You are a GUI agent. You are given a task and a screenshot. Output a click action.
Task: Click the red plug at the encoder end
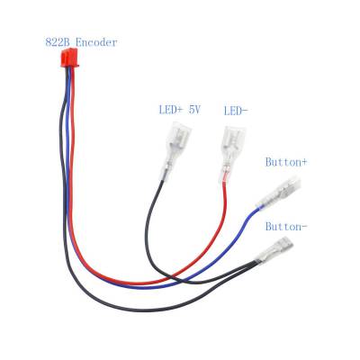69,58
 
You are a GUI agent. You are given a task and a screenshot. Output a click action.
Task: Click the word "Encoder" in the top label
96,42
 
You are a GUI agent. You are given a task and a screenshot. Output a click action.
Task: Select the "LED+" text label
171,110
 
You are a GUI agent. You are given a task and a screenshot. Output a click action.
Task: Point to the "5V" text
194,110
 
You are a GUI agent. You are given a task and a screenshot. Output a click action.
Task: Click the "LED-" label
236,112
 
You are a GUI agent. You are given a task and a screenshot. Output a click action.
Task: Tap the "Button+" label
286,162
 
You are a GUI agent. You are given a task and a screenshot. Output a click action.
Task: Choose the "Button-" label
286,227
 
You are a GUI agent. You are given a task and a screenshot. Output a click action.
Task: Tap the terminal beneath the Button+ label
278,192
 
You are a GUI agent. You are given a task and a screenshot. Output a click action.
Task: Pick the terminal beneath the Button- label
274,249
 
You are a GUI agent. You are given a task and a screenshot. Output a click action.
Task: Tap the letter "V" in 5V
197,110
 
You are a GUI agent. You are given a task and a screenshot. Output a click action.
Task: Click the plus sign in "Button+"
304,163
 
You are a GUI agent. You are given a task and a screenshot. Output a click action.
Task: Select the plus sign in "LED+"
179,111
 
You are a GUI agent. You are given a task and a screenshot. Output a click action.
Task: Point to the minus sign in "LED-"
245,112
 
